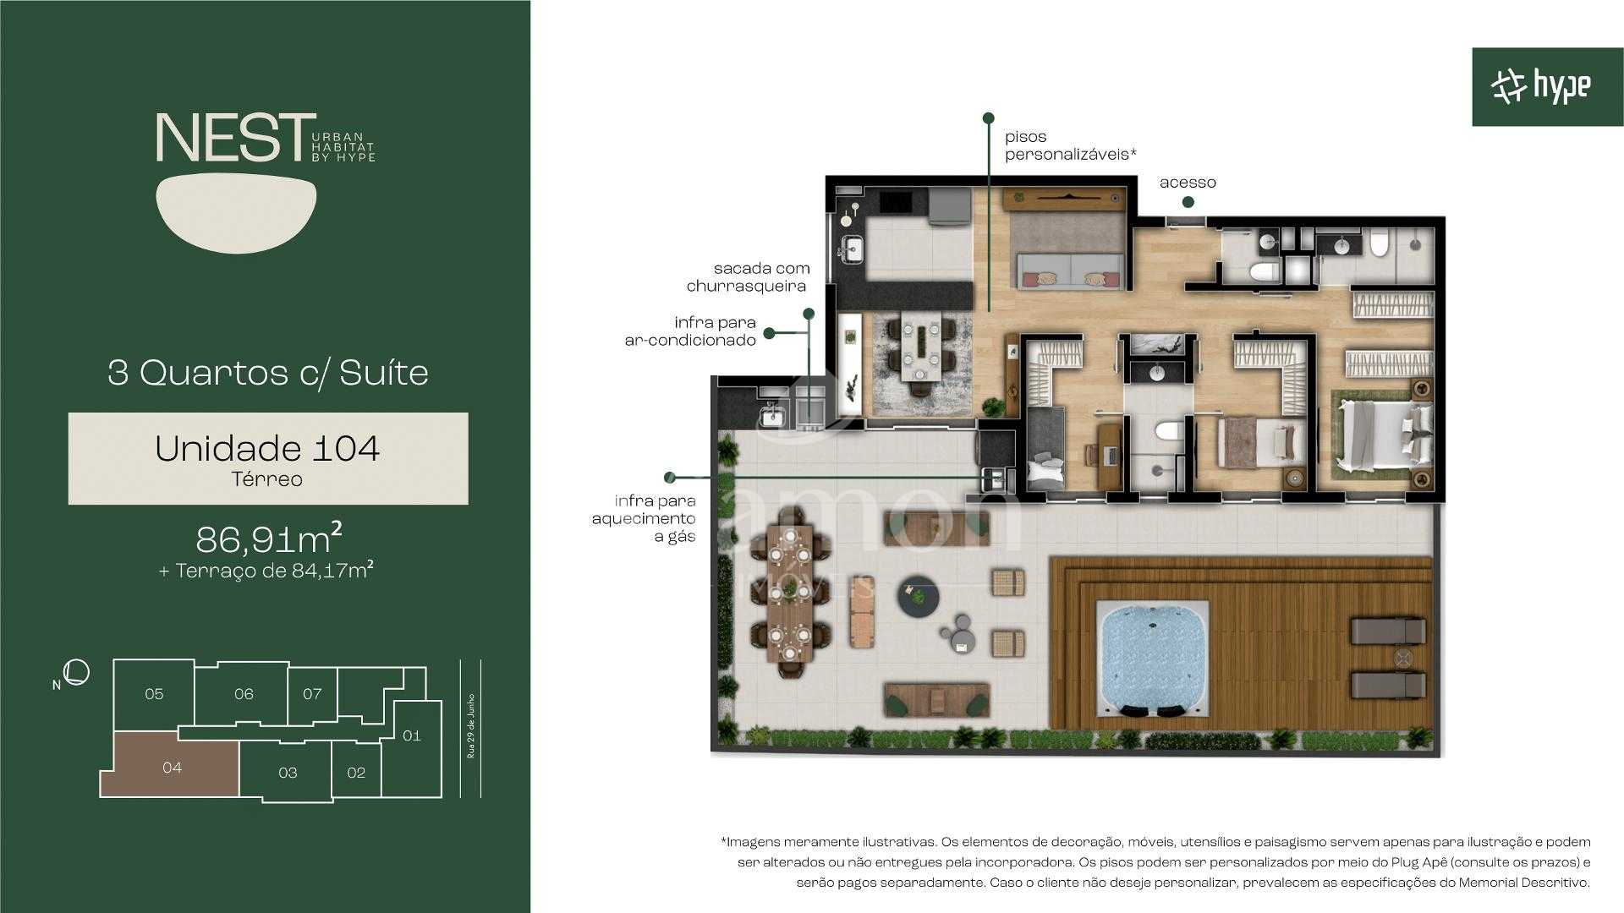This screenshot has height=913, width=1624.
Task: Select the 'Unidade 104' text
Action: click(x=267, y=448)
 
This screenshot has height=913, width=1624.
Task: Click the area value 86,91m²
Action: click(x=268, y=538)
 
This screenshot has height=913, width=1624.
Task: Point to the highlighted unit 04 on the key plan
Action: click(x=172, y=767)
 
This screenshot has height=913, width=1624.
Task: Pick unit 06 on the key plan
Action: click(x=244, y=694)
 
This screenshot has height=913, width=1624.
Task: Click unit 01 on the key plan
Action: click(x=411, y=735)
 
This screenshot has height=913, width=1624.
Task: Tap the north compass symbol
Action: click(x=76, y=673)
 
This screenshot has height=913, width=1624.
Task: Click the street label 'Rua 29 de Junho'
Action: click(x=471, y=727)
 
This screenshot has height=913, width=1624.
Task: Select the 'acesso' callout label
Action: click(x=1188, y=183)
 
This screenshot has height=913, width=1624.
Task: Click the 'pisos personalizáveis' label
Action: click(x=1069, y=145)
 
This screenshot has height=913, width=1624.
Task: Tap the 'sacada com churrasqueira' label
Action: click(x=748, y=277)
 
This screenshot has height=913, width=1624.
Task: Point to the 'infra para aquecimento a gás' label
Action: click(x=644, y=518)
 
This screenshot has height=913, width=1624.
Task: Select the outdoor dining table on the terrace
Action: click(x=789, y=593)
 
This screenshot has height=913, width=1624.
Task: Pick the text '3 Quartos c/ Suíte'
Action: click(x=268, y=373)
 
